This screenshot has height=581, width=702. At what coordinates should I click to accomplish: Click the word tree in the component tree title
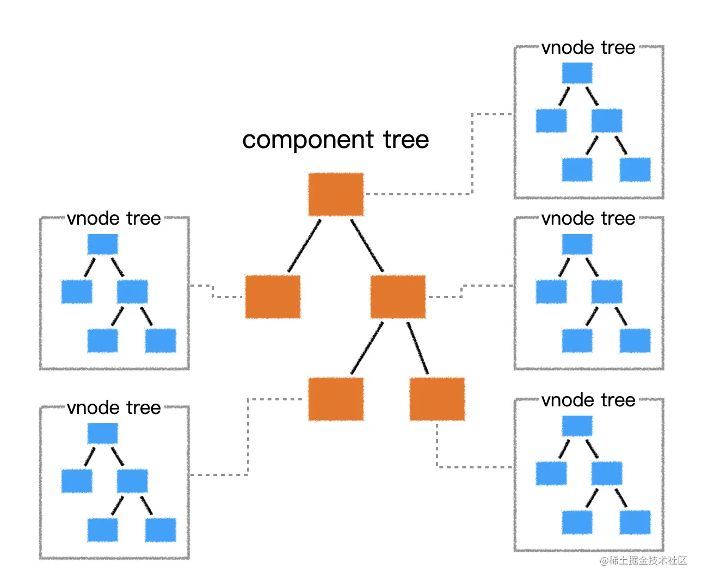(406, 140)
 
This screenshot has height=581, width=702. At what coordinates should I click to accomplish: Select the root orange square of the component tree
(336, 194)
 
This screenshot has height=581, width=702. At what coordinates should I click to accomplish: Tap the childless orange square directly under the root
(273, 296)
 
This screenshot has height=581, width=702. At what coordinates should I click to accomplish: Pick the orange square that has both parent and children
(398, 296)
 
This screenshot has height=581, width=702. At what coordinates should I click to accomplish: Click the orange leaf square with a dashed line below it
(437, 399)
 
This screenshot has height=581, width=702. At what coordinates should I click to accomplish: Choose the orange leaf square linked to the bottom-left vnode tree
(336, 399)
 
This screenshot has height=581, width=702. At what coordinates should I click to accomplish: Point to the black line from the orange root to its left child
(304, 245)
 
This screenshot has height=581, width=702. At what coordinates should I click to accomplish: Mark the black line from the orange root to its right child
(367, 245)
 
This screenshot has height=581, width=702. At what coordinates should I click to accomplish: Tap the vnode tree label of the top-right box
(588, 48)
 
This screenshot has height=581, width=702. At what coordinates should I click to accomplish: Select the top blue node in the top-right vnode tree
(577, 73)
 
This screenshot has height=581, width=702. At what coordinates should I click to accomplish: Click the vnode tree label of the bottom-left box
(114, 408)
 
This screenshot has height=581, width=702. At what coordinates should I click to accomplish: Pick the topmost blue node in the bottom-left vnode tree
(102, 434)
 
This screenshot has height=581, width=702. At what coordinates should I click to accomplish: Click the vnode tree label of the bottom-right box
(588, 400)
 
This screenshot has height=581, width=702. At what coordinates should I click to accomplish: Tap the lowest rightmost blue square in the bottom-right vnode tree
(635, 522)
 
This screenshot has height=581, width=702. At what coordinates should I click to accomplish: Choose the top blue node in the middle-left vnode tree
(102, 244)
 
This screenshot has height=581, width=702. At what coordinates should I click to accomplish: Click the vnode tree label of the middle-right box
(588, 219)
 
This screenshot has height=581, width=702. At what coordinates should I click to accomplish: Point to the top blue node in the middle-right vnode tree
(577, 244)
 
